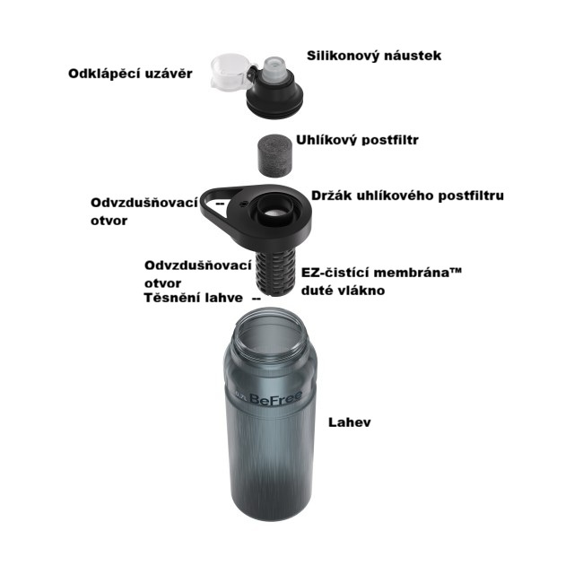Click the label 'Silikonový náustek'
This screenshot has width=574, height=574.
pyautogui.click(x=374, y=56)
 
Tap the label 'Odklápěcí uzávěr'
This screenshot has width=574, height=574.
pyautogui.click(x=130, y=74)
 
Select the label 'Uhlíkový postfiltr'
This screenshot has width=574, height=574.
pyautogui.click(x=357, y=140)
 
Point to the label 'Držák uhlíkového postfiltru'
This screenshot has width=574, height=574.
pyautogui.click(x=407, y=196)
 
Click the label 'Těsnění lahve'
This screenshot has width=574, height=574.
pyautogui.click(x=193, y=298)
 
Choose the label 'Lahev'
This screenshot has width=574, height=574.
pyautogui.click(x=349, y=422)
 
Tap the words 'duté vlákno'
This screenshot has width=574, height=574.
pyautogui.click(x=343, y=291)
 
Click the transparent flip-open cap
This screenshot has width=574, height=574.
pyautogui.click(x=230, y=72)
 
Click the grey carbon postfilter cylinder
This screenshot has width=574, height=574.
pyautogui.click(x=274, y=155)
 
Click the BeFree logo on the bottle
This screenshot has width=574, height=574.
pyautogui.click(x=275, y=398)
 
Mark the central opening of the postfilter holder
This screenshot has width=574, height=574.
pyautogui.click(x=274, y=212)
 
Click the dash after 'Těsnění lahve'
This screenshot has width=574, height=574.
pyautogui.click(x=257, y=299)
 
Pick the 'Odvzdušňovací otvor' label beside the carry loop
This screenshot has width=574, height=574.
pyautogui.click(x=143, y=212)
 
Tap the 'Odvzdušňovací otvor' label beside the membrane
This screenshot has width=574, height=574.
pyautogui.click(x=198, y=274)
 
